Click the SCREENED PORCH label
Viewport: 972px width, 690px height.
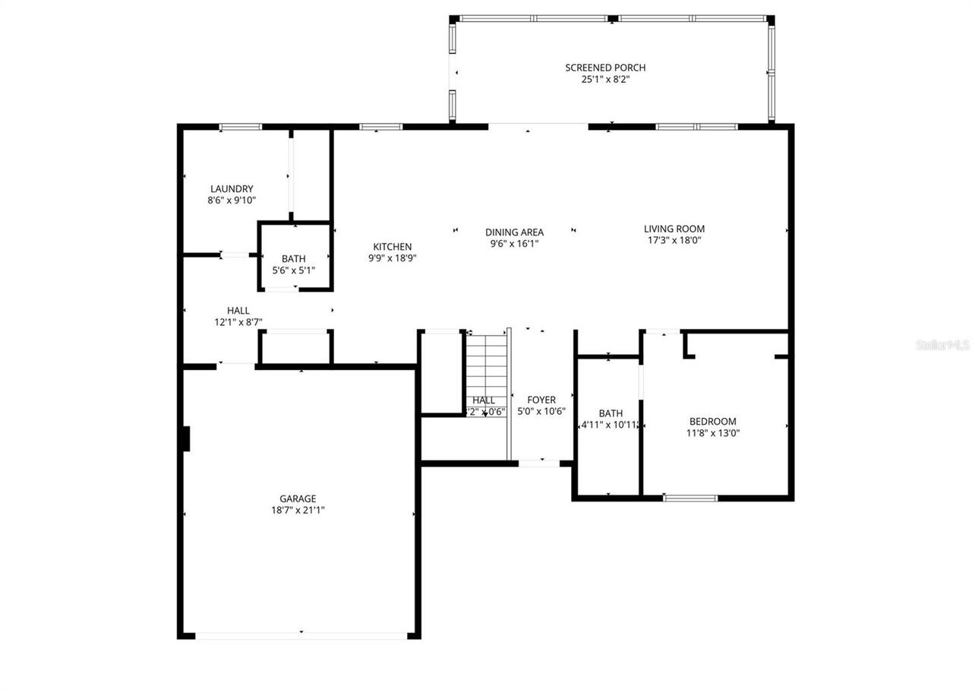(605, 68)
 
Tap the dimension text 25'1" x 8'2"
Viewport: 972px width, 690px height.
(605, 79)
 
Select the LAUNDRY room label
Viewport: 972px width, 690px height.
(232, 189)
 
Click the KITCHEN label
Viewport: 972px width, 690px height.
(393, 247)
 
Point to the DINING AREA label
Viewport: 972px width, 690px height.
(514, 233)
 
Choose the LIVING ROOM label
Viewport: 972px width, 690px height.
(674, 229)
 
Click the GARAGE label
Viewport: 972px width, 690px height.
(298, 499)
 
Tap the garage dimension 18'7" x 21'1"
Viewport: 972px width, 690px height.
(298, 511)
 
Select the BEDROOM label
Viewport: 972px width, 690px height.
(712, 422)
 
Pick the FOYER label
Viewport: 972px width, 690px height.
(541, 400)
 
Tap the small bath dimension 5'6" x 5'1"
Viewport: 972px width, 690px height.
(293, 271)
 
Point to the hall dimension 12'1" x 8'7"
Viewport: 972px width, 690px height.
(238, 322)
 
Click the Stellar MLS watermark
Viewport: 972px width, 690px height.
(942, 345)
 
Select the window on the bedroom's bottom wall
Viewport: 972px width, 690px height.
(690, 499)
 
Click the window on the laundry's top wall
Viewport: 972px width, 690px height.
(241, 127)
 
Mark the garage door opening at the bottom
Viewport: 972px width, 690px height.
(301, 635)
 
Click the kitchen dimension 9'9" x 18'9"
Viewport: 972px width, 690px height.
(393, 258)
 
